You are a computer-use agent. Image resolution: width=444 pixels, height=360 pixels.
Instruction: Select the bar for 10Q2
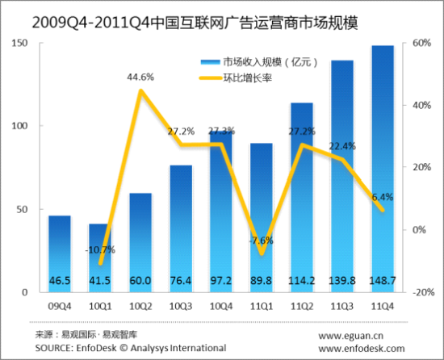(140, 242)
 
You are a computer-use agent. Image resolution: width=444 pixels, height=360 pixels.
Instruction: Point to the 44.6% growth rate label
(140, 77)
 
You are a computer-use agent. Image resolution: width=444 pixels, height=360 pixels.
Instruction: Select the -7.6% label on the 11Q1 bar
(262, 240)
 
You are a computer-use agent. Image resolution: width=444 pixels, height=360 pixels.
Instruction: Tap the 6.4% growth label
(383, 195)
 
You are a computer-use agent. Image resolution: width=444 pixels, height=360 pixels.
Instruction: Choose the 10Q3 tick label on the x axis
(181, 306)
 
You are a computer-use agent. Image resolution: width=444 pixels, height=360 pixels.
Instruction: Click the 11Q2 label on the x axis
(302, 306)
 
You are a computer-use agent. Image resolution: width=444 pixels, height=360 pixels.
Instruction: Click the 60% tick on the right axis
(421, 43)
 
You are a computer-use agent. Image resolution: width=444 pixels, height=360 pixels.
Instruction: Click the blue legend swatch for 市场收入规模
(214, 62)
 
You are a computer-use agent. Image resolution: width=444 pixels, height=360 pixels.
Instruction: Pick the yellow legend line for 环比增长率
(214, 79)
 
